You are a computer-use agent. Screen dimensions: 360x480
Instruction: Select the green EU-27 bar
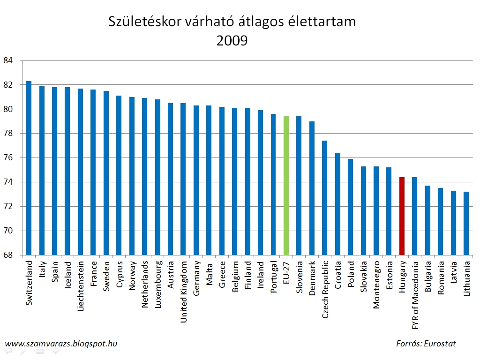pos(286,186)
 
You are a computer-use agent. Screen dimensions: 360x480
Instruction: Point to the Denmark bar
pos(312,188)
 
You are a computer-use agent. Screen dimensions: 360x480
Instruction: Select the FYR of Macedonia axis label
pos(415,291)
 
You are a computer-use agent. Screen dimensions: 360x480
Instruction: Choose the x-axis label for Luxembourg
pos(158,283)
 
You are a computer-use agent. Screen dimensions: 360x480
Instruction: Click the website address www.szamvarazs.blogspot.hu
pos(60,344)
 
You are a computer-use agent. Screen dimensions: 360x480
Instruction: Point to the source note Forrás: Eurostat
pos(426,344)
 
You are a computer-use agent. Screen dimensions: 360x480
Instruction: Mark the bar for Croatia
pos(337,204)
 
